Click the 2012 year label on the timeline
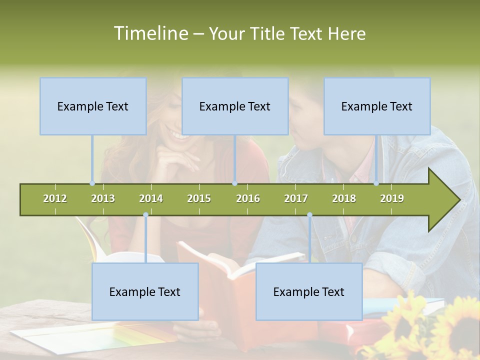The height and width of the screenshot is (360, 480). (x=55, y=198)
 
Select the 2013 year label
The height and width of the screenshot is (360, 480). (x=103, y=198)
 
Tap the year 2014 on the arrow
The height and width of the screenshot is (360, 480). (x=151, y=198)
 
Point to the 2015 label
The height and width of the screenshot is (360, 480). (x=199, y=198)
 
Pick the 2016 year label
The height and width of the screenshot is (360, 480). (x=248, y=198)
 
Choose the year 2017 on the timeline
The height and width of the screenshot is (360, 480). (x=296, y=198)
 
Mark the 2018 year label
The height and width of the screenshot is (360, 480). (x=344, y=198)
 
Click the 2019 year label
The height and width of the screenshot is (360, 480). (x=392, y=198)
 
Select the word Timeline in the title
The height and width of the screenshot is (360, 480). (x=149, y=33)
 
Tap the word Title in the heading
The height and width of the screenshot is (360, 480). (x=267, y=33)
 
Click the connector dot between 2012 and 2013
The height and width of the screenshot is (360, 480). (x=92, y=183)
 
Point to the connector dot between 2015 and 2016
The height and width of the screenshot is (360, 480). (x=235, y=183)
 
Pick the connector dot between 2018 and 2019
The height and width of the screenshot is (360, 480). (x=376, y=183)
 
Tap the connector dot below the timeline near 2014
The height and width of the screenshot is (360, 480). (x=145, y=215)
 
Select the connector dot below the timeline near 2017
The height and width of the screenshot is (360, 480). (x=309, y=215)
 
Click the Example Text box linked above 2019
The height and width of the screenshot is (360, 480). (x=377, y=106)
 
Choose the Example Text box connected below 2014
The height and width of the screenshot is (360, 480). (x=145, y=291)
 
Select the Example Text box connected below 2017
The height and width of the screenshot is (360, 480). (x=309, y=291)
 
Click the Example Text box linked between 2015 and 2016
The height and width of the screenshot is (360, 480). (x=235, y=106)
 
